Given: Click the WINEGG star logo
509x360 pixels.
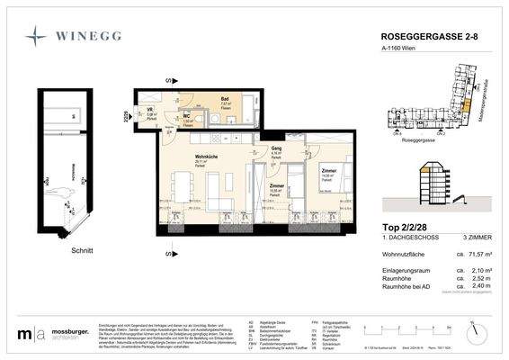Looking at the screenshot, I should coord(37,37).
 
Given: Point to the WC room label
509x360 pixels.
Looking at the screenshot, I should coord(188,115).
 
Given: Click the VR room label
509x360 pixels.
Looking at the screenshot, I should coord(150,112).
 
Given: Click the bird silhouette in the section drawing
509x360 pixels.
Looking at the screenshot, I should coord(64,191).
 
